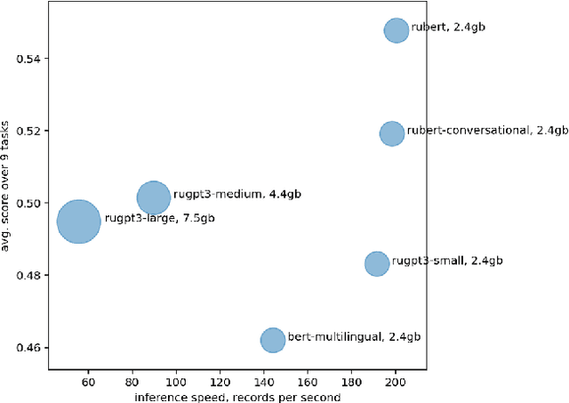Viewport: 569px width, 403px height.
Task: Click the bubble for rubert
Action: point(397,30)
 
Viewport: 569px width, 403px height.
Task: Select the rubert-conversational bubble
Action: point(392,134)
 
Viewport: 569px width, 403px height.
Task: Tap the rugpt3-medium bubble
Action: point(154,197)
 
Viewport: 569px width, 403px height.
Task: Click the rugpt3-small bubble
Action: point(377,263)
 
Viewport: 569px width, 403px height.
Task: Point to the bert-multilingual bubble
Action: point(273,340)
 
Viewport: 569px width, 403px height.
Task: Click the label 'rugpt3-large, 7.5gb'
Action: point(159,218)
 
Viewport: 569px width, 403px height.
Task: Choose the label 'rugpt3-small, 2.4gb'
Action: point(447,261)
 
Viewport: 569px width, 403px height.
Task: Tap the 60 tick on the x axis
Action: point(88,383)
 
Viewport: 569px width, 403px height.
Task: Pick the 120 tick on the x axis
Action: point(220,383)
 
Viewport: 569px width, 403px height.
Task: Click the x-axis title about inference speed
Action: point(237,397)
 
